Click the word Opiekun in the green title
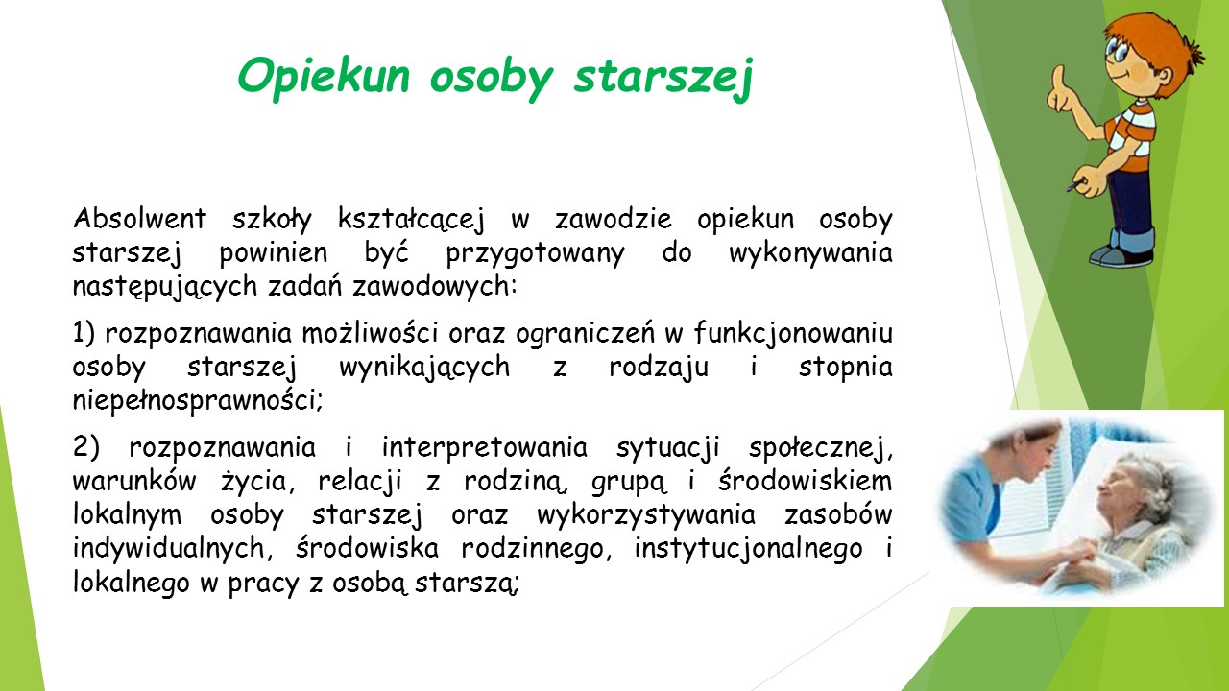coord(324,78)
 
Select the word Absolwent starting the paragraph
coord(140,219)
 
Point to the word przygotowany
coord(536,254)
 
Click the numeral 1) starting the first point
coord(84,333)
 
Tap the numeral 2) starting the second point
coord(86,447)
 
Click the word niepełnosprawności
coord(198,401)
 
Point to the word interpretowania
coord(485,448)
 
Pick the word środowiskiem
coord(806,482)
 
